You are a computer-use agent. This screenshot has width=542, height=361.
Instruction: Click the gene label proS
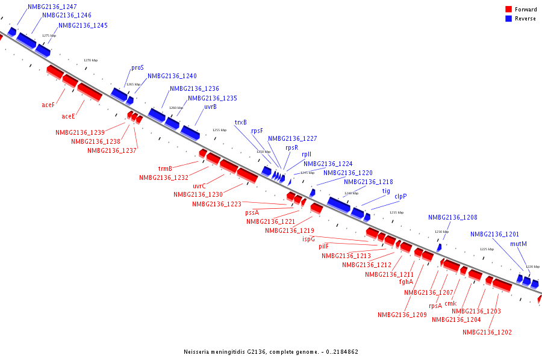(137, 68)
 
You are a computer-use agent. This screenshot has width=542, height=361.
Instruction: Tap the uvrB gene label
(210, 107)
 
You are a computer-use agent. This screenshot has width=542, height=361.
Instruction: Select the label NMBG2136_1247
(52, 7)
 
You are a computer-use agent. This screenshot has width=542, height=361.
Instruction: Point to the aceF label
(48, 105)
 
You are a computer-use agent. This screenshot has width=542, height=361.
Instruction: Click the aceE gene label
(68, 116)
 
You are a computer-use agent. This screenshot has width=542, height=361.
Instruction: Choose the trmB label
(165, 168)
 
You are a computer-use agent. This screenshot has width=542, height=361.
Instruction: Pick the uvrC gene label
(199, 187)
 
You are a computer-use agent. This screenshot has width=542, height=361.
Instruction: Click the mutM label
(518, 244)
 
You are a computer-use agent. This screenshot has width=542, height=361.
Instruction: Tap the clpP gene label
(400, 196)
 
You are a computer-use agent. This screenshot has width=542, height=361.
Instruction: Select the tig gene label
(386, 191)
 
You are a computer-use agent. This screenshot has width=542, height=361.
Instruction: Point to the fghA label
(406, 282)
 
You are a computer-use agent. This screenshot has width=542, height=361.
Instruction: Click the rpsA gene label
(435, 306)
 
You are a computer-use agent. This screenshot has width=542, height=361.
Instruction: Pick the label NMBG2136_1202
(487, 332)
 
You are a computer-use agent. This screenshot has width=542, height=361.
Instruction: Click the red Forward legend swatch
(508, 10)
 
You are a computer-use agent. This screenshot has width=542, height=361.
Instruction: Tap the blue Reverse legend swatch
(508, 19)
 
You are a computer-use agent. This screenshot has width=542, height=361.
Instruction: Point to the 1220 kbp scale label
(532, 267)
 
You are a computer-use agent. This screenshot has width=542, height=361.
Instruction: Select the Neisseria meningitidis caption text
(271, 351)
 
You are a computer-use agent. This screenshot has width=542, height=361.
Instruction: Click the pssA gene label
(252, 212)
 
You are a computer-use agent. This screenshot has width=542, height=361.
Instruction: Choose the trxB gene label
(240, 123)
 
